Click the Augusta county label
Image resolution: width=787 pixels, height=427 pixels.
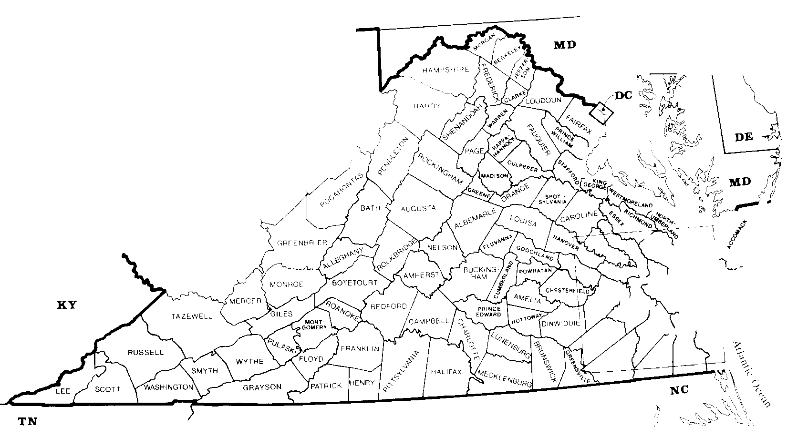[418, 208]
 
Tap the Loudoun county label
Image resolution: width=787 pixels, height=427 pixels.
[543, 101]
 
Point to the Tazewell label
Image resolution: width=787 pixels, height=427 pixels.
[192, 316]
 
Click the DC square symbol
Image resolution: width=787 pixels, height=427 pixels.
[601, 112]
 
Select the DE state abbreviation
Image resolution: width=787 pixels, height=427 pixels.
[743, 138]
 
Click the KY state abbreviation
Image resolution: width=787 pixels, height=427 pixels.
[67, 305]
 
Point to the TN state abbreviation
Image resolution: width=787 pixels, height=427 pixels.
[27, 421]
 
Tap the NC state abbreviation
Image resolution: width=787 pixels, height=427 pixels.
[679, 390]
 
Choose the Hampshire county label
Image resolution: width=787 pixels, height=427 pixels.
[445, 70]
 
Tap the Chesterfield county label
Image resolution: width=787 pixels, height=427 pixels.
[564, 290]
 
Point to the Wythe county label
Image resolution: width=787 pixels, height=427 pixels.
[249, 361]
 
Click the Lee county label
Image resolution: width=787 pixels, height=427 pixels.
[63, 391]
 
